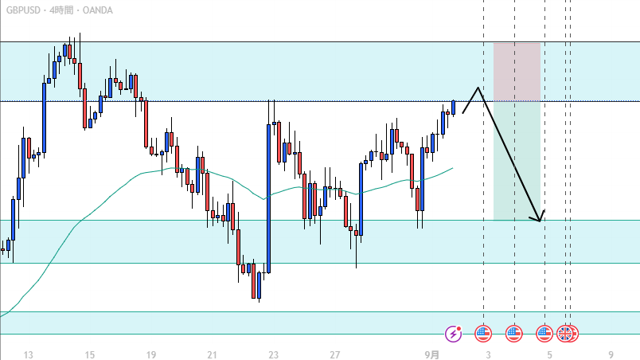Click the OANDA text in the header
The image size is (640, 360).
97,10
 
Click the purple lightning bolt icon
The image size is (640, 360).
454,334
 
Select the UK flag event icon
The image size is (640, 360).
565,334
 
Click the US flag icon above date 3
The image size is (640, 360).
483,334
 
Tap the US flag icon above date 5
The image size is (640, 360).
544,334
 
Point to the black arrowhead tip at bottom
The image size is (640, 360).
540,220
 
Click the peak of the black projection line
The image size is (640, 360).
478,88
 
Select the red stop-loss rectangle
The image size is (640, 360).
517,72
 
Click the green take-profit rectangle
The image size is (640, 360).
517,159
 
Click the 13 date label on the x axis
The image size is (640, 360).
29,355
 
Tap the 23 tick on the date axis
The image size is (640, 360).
273,355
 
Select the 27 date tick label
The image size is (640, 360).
335,355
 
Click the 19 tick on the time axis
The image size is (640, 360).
150,355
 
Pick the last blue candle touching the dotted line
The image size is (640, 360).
453,107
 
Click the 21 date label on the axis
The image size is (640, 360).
212,355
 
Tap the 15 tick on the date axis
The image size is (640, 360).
89,355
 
